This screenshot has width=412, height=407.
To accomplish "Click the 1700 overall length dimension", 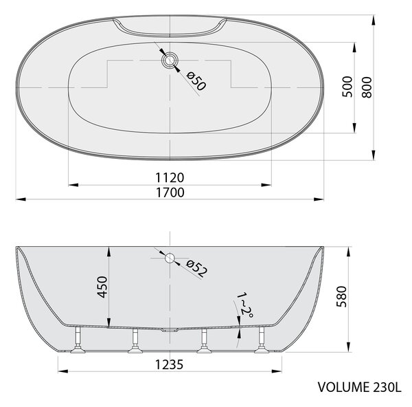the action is pyautogui.click(x=170, y=192).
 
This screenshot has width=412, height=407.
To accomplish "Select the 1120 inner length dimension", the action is pyautogui.click(x=170, y=177).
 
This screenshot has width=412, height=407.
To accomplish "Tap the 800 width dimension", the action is pyautogui.click(x=367, y=87).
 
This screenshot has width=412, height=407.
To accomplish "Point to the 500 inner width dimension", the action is pyautogui.click(x=347, y=87).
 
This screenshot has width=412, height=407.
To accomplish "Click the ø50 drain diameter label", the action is pyautogui.click(x=196, y=81).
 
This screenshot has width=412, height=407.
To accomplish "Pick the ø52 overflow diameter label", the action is pyautogui.click(x=196, y=268).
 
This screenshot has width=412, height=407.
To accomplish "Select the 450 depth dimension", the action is pyautogui.click(x=102, y=287).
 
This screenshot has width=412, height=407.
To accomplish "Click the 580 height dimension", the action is pyautogui.click(x=341, y=296).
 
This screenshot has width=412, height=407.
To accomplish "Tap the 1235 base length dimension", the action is pyautogui.click(x=169, y=364).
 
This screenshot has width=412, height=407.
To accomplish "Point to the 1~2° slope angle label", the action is pyautogui.click(x=245, y=305).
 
